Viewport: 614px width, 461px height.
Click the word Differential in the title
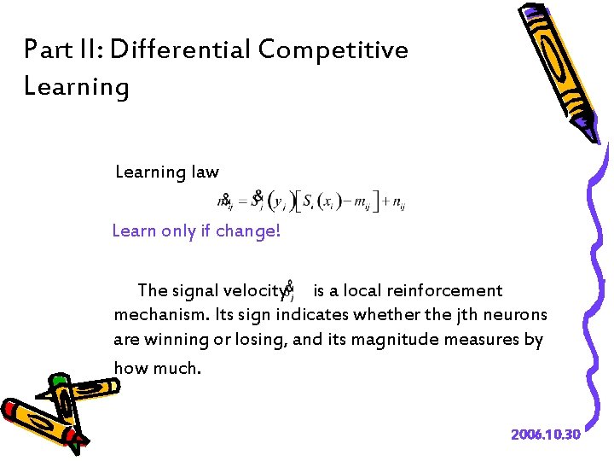[x=180, y=50]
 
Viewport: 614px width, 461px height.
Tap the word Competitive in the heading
[x=333, y=50]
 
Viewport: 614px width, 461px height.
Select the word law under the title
[x=204, y=172]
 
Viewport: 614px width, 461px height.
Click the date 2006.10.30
[x=546, y=435]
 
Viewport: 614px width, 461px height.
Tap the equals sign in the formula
[x=241, y=203]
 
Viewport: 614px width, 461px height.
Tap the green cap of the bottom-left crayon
[x=59, y=381]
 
